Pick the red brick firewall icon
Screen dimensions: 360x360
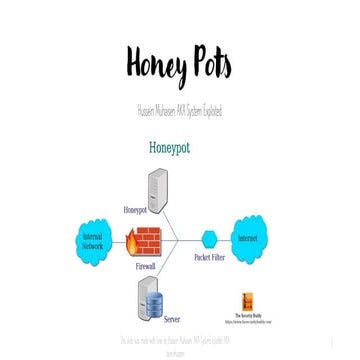(x=146, y=242)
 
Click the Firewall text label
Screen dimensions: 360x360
(x=146, y=269)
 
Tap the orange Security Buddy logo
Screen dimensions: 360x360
(x=253, y=302)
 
